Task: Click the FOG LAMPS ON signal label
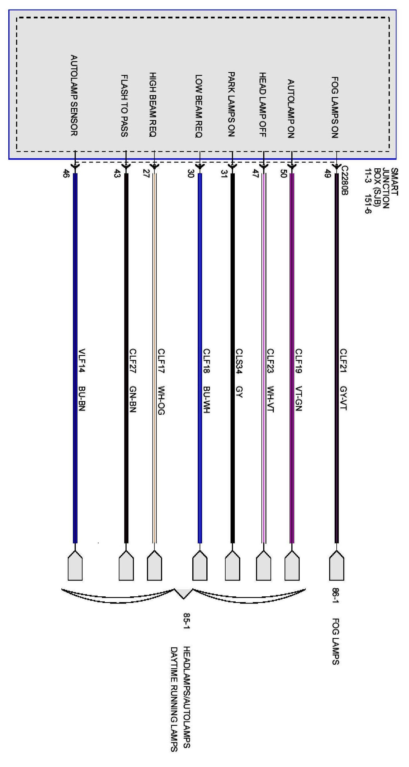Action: pyautogui.click(x=335, y=107)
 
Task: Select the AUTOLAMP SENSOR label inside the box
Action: pyautogui.click(x=74, y=95)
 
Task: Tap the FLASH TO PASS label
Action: pyautogui.click(x=124, y=106)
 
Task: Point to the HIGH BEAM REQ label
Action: pyautogui.click(x=153, y=105)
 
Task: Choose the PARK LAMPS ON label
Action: pyautogui.click(x=231, y=104)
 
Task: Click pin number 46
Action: pyautogui.click(x=65, y=174)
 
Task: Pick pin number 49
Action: pyautogui.click(x=327, y=173)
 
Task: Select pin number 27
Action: pyautogui.click(x=146, y=173)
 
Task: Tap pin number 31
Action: pyautogui.click(x=224, y=173)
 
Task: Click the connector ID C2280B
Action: pyautogui.click(x=344, y=180)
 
